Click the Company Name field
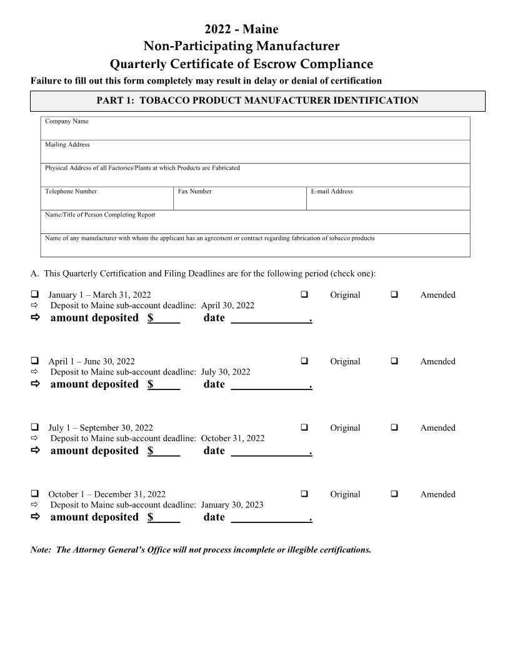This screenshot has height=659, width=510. pos(255,131)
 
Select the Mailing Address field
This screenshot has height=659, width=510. pos(255,154)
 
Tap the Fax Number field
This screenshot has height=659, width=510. pos(239,201)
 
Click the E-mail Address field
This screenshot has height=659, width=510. pos(387,201)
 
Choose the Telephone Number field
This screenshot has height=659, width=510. pos(107,201)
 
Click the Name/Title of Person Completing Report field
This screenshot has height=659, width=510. pos(255,225)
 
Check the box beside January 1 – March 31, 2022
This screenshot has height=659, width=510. pos(35,294)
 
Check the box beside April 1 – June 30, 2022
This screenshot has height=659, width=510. pos(35,361)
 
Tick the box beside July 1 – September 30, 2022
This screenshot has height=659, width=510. pos(35,427)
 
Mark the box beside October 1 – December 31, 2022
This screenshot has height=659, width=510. pos(35,494)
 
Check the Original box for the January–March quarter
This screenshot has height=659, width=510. pos(304,294)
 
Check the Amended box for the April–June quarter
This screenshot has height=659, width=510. pos(394,361)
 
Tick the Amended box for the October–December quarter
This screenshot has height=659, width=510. pos(394,494)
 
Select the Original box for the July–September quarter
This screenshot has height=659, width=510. pos(304,427)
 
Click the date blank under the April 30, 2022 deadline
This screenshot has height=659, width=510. pos(270,318)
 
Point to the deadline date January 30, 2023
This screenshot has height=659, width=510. pos(232,505)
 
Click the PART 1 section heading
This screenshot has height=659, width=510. pos(257,100)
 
